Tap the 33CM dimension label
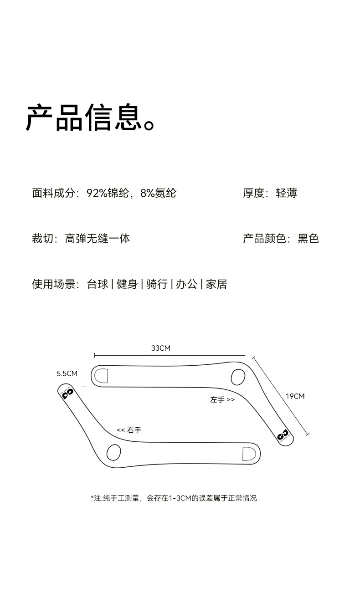click(x=160, y=348)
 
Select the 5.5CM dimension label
click(x=67, y=373)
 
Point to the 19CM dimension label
click(x=295, y=396)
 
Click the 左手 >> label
click(x=222, y=400)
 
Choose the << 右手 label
click(x=129, y=430)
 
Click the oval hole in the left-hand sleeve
click(x=238, y=377)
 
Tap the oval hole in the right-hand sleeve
click(x=113, y=452)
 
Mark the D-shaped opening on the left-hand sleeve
click(x=101, y=375)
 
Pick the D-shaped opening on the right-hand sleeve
click(x=249, y=454)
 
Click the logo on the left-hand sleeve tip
click(x=283, y=434)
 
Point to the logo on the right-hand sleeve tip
click(x=68, y=393)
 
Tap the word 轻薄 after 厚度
click(x=287, y=193)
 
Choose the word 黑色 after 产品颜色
click(x=308, y=238)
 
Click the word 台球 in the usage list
click(x=98, y=284)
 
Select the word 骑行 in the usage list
click(x=157, y=284)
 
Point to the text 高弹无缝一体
click(x=98, y=238)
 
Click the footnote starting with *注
click(x=174, y=498)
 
